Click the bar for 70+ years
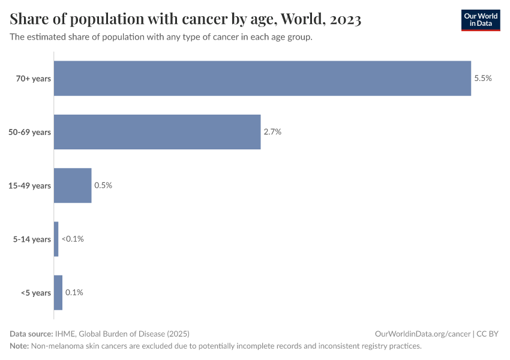coord(262,79)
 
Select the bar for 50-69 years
coord(157,132)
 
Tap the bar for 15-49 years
coord(73,185)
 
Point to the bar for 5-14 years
coord(56,239)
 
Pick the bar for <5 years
coord(58,293)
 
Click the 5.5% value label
coord(483,79)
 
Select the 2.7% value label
coord(272,132)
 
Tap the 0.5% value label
coord(103,185)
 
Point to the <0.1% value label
coord(73,239)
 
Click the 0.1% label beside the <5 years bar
coord(74,293)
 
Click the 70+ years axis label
coord(34,79)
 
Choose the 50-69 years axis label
coord(29,132)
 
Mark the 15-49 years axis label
coord(29,185)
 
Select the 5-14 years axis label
coord(32,239)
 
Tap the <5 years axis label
coord(36,293)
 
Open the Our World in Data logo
coord(480,20)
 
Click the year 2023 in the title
coord(345,20)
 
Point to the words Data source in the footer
coord(31,334)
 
